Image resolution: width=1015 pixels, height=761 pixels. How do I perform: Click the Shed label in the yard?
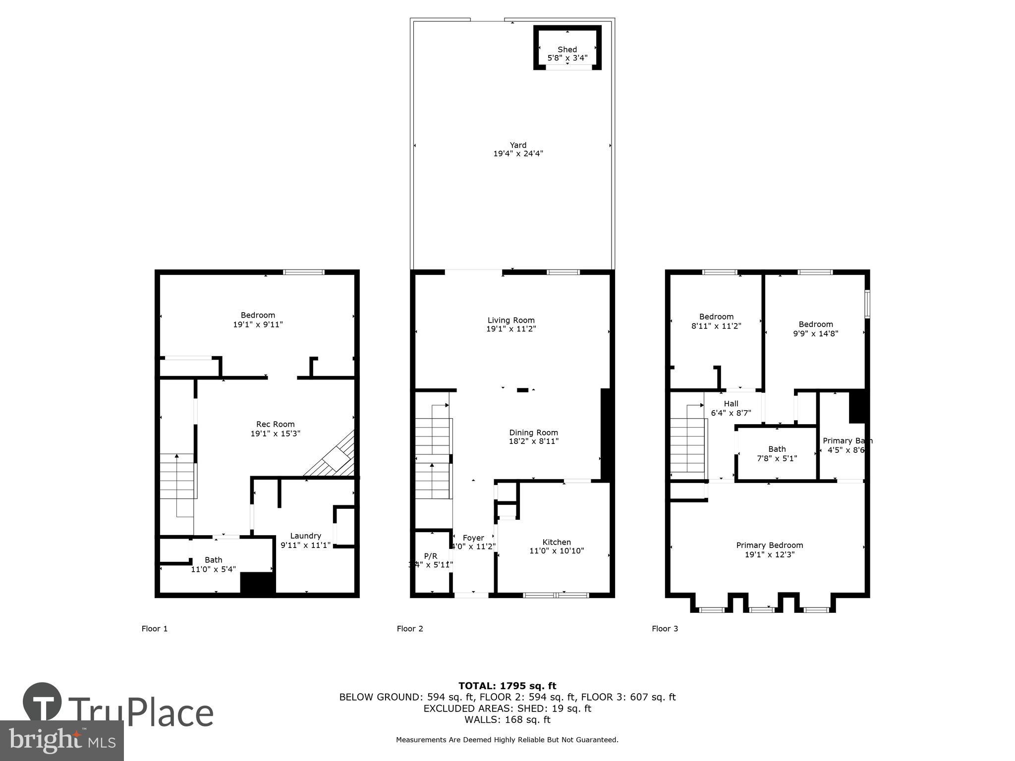(x=567, y=50)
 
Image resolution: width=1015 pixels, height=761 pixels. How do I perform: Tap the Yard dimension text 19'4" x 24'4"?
(x=518, y=154)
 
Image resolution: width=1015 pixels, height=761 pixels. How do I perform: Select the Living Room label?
(x=511, y=320)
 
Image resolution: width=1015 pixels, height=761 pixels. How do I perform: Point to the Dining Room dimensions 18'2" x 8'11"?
(x=533, y=441)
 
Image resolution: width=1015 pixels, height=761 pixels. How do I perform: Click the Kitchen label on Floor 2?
(x=557, y=542)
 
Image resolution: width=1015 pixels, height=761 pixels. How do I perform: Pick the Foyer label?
(x=473, y=538)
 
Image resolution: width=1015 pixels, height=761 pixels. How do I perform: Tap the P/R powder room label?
(x=431, y=556)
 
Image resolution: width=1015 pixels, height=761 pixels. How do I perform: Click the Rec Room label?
(x=275, y=424)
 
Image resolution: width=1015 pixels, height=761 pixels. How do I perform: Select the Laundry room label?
(x=305, y=536)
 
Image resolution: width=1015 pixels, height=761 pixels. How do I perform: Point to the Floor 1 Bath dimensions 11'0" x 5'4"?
(x=213, y=569)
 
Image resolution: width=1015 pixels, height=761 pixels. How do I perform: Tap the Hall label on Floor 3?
(x=731, y=404)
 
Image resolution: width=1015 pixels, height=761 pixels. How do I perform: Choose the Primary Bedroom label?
(x=769, y=545)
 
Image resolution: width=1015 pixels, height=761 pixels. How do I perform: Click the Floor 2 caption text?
(x=410, y=629)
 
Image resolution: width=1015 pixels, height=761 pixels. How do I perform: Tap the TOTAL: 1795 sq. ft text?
(x=507, y=686)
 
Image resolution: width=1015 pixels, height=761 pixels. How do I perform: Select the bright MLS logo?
(x=61, y=740)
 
